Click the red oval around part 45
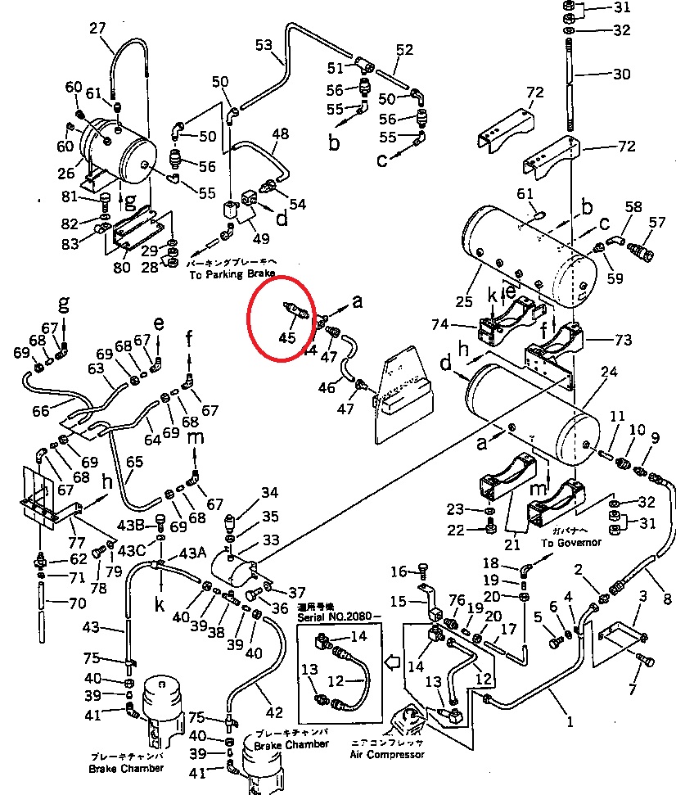click(x=281, y=321)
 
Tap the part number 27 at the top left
click(x=98, y=28)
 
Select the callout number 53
click(x=264, y=45)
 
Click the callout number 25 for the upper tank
click(x=464, y=302)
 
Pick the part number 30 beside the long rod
click(x=621, y=74)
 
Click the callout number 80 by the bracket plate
click(x=121, y=267)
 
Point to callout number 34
click(x=269, y=492)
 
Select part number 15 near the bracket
click(x=398, y=602)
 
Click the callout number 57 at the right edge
click(x=657, y=222)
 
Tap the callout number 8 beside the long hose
click(x=667, y=598)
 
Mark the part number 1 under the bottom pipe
click(x=570, y=721)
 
